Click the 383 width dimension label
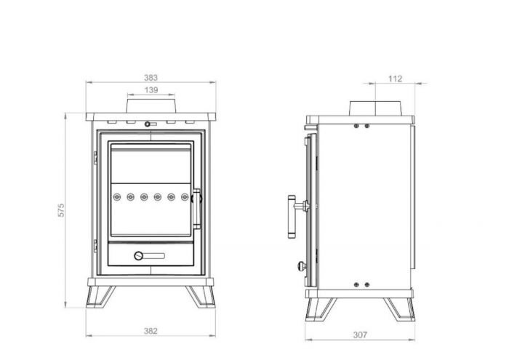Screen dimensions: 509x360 pyautogui.click(x=151, y=78)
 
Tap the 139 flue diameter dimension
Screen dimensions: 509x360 pyautogui.click(x=151, y=90)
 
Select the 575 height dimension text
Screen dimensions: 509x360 pyautogui.click(x=60, y=210)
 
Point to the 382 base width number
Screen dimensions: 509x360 pyautogui.click(x=151, y=331)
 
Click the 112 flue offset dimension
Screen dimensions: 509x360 pyautogui.click(x=395, y=79)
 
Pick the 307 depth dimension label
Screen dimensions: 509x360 pyautogui.click(x=360, y=335)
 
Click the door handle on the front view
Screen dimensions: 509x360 pyautogui.click(x=197, y=209)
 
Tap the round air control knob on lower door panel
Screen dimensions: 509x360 pyautogui.click(x=139, y=256)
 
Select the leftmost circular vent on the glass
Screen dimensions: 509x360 pyautogui.click(x=117, y=197)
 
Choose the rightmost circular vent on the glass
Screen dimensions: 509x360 pyautogui.click(x=185, y=197)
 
